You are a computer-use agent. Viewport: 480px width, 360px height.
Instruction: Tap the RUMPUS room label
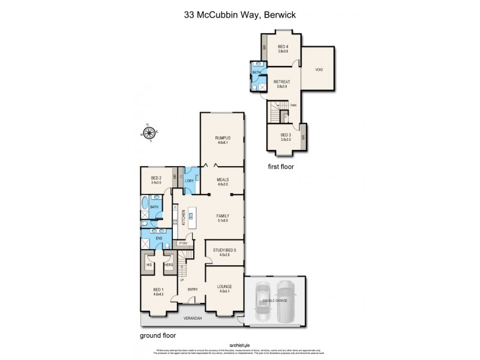223,139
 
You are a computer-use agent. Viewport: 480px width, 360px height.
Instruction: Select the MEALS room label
223,179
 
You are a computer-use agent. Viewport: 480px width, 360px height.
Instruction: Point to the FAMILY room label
223,217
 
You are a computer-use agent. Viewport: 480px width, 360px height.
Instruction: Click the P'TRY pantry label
182,243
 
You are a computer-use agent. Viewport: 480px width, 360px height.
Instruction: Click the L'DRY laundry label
189,180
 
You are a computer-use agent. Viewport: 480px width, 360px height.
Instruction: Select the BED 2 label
157,179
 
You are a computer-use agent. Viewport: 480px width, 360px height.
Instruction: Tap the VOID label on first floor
319,70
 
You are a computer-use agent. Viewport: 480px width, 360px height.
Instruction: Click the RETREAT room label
282,82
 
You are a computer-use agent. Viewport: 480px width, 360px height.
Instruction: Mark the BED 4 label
283,47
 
